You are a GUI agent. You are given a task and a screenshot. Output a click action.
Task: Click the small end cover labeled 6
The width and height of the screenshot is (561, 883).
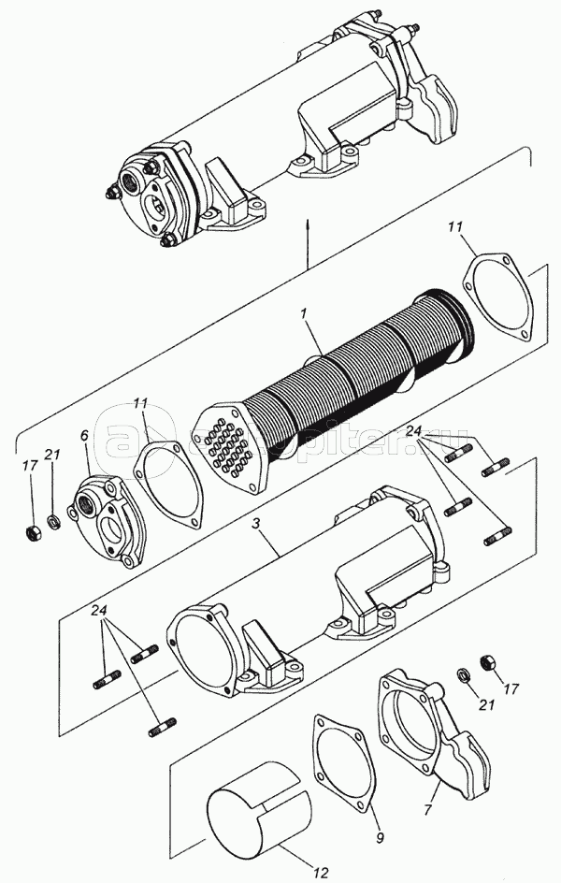pyautogui.click(x=109, y=515)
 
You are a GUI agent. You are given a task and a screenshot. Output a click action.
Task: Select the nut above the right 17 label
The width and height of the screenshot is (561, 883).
pyautogui.click(x=486, y=663)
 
